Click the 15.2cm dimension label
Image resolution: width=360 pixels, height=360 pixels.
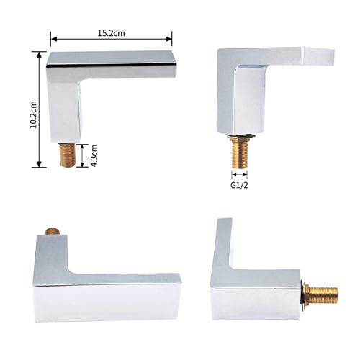point(111,32)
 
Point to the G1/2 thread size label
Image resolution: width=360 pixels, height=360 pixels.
point(240,185)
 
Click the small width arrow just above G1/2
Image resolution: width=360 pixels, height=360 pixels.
point(240,173)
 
